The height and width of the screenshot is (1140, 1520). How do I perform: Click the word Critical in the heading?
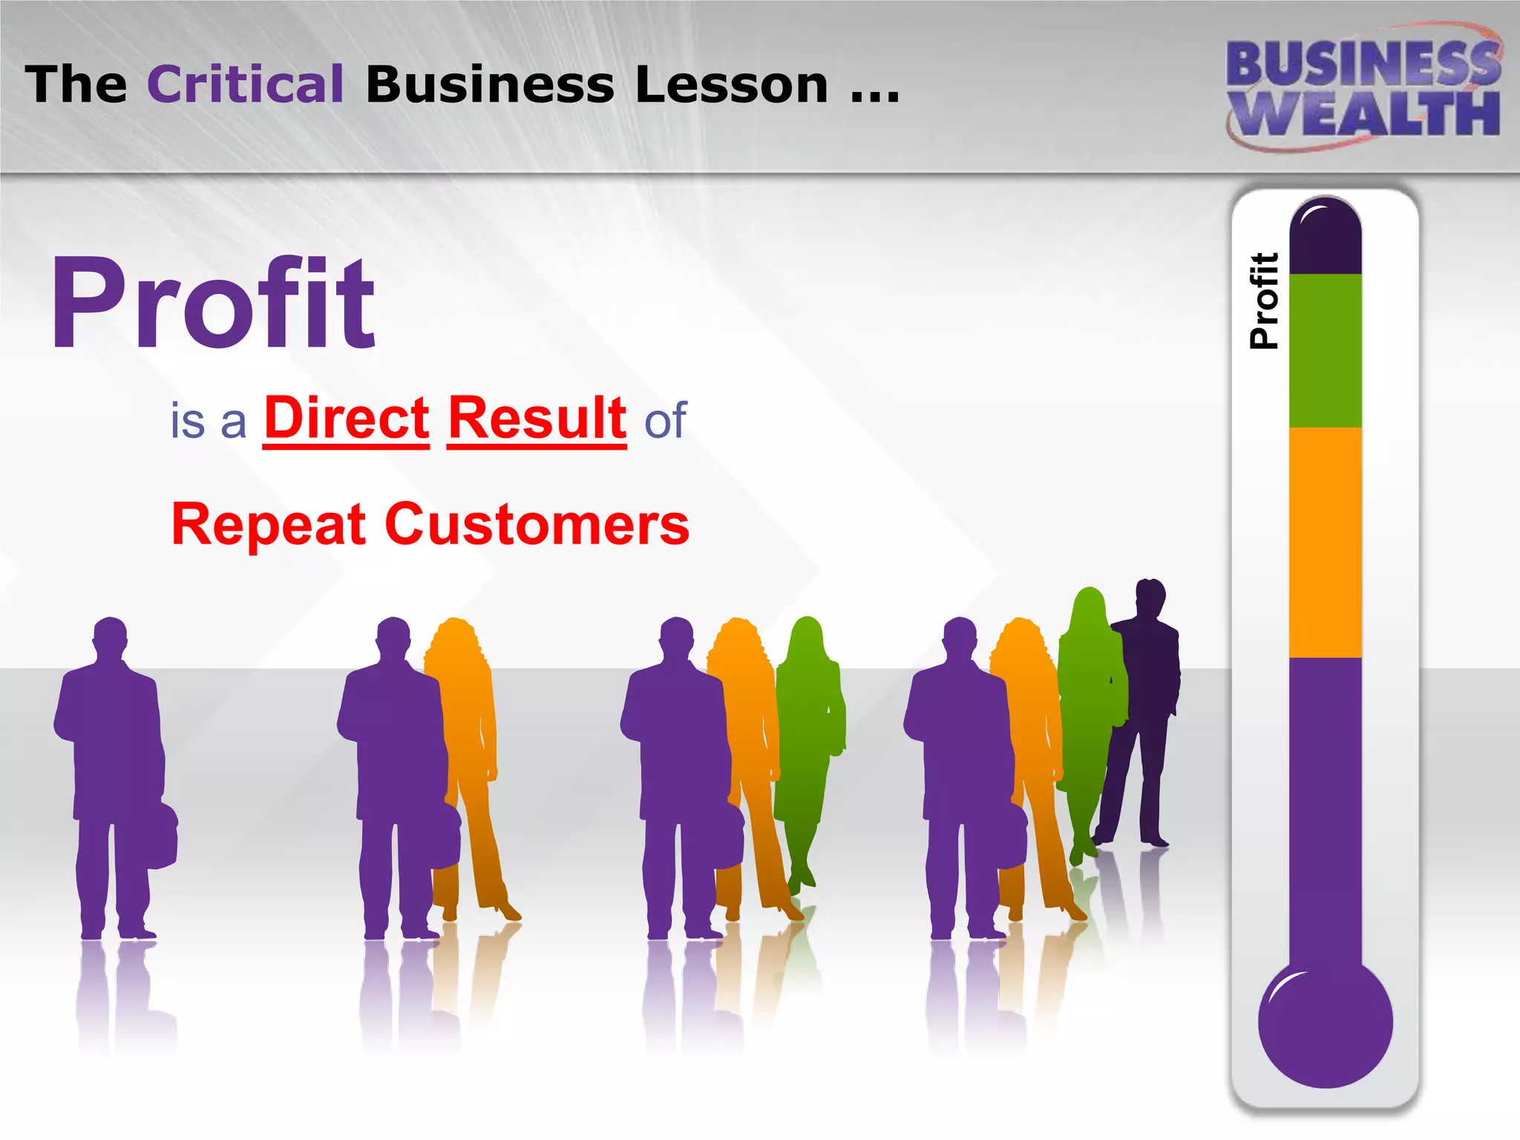[x=246, y=84]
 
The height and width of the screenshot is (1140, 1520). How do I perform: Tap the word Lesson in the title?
[x=731, y=84]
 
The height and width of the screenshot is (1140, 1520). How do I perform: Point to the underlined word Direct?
[x=347, y=419]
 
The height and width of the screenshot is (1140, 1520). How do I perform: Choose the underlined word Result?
[x=537, y=419]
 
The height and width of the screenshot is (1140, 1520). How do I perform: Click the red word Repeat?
[x=269, y=524]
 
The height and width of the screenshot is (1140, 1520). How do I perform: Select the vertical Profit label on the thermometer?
[x=1264, y=301]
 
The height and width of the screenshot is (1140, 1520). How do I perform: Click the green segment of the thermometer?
[x=1325, y=350]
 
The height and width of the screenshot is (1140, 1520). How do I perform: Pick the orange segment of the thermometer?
[x=1325, y=542]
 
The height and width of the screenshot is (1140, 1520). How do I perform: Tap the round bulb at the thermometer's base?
[x=1325, y=1024]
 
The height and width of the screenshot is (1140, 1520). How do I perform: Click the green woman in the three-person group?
[x=809, y=742]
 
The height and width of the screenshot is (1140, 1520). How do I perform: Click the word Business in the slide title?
[x=490, y=84]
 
